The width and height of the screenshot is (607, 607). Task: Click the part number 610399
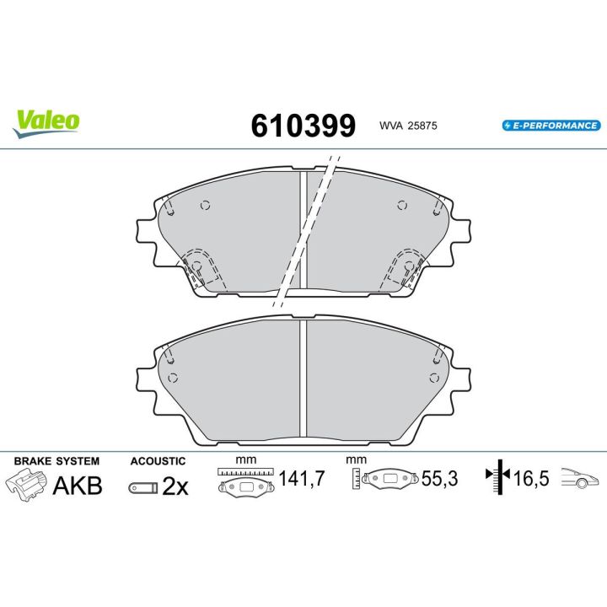coord(303,125)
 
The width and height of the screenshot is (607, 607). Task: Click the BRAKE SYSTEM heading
coord(57,461)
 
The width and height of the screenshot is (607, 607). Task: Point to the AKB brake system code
coord(78,486)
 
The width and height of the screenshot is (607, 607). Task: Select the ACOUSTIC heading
coord(158,461)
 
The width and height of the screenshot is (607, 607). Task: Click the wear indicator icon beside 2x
coord(142,487)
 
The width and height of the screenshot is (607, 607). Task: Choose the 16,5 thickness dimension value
coord(531,480)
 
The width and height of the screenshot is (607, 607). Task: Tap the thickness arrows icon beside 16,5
coord(499,480)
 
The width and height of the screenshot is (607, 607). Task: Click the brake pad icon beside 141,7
coord(246,486)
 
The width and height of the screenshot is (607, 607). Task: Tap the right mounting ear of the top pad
coord(463,230)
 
